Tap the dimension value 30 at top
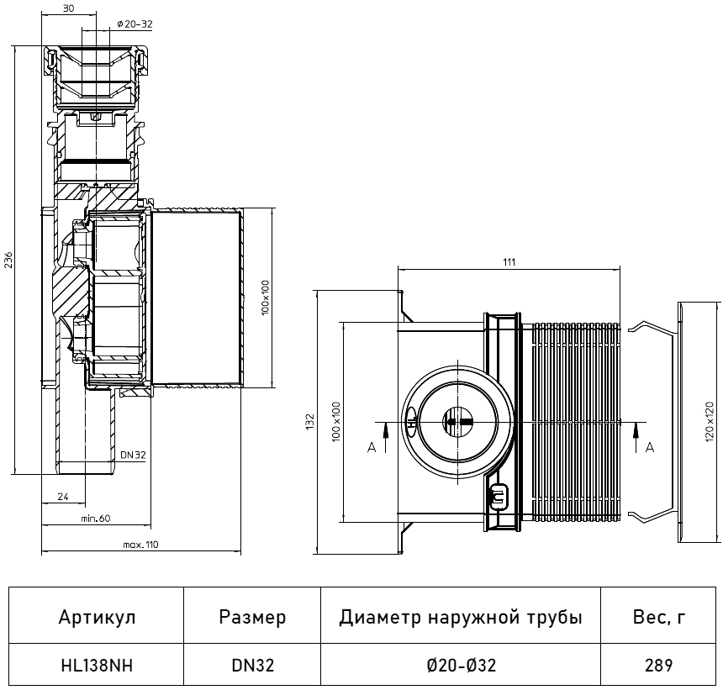pos(70,8)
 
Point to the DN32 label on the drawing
pos(133,455)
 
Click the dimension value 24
pos(62,498)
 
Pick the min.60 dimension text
pos(96,518)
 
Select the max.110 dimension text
pos(140,545)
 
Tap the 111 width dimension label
pos(509,261)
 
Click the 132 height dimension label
pos(309,419)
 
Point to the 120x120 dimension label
pos(710,424)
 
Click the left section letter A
pos(371,448)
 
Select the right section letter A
pos(649,448)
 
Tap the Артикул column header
pos(97,618)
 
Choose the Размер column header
pos(252,618)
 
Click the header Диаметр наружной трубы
pos(461,618)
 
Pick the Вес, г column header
pos(659,618)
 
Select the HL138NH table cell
pos(97,666)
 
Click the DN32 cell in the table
pos(252,666)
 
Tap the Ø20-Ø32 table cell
pos(461,666)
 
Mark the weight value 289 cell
pos(659,666)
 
